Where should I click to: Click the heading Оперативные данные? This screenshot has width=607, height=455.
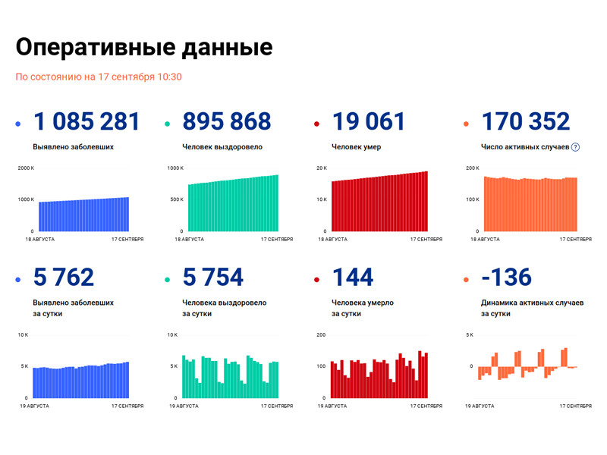coord(144,47)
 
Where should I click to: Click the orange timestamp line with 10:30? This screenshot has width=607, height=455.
coord(99,77)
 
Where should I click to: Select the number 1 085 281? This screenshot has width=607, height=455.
coord(86,121)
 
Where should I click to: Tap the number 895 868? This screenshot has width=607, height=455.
coord(227,121)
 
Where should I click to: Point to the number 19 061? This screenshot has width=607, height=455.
coord(369,121)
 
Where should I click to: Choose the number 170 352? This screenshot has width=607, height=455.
coord(525,121)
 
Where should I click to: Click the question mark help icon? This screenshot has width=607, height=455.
coord(575,147)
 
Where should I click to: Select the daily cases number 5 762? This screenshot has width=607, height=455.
coord(64,277)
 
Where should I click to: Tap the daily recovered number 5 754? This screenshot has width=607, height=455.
coord(213,277)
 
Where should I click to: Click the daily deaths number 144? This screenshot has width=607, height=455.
coord(353,277)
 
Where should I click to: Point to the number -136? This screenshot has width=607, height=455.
coord(506,277)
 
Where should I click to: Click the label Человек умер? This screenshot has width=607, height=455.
coord(357,147)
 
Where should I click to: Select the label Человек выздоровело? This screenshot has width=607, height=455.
coord(222,147)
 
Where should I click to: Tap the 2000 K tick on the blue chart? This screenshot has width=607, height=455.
coord(25,168)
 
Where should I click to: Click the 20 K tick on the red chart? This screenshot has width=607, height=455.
coord(322,168)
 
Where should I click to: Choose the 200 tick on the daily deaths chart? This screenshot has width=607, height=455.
coord(322,334)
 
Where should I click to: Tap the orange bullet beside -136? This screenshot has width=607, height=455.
coord(466,279)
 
